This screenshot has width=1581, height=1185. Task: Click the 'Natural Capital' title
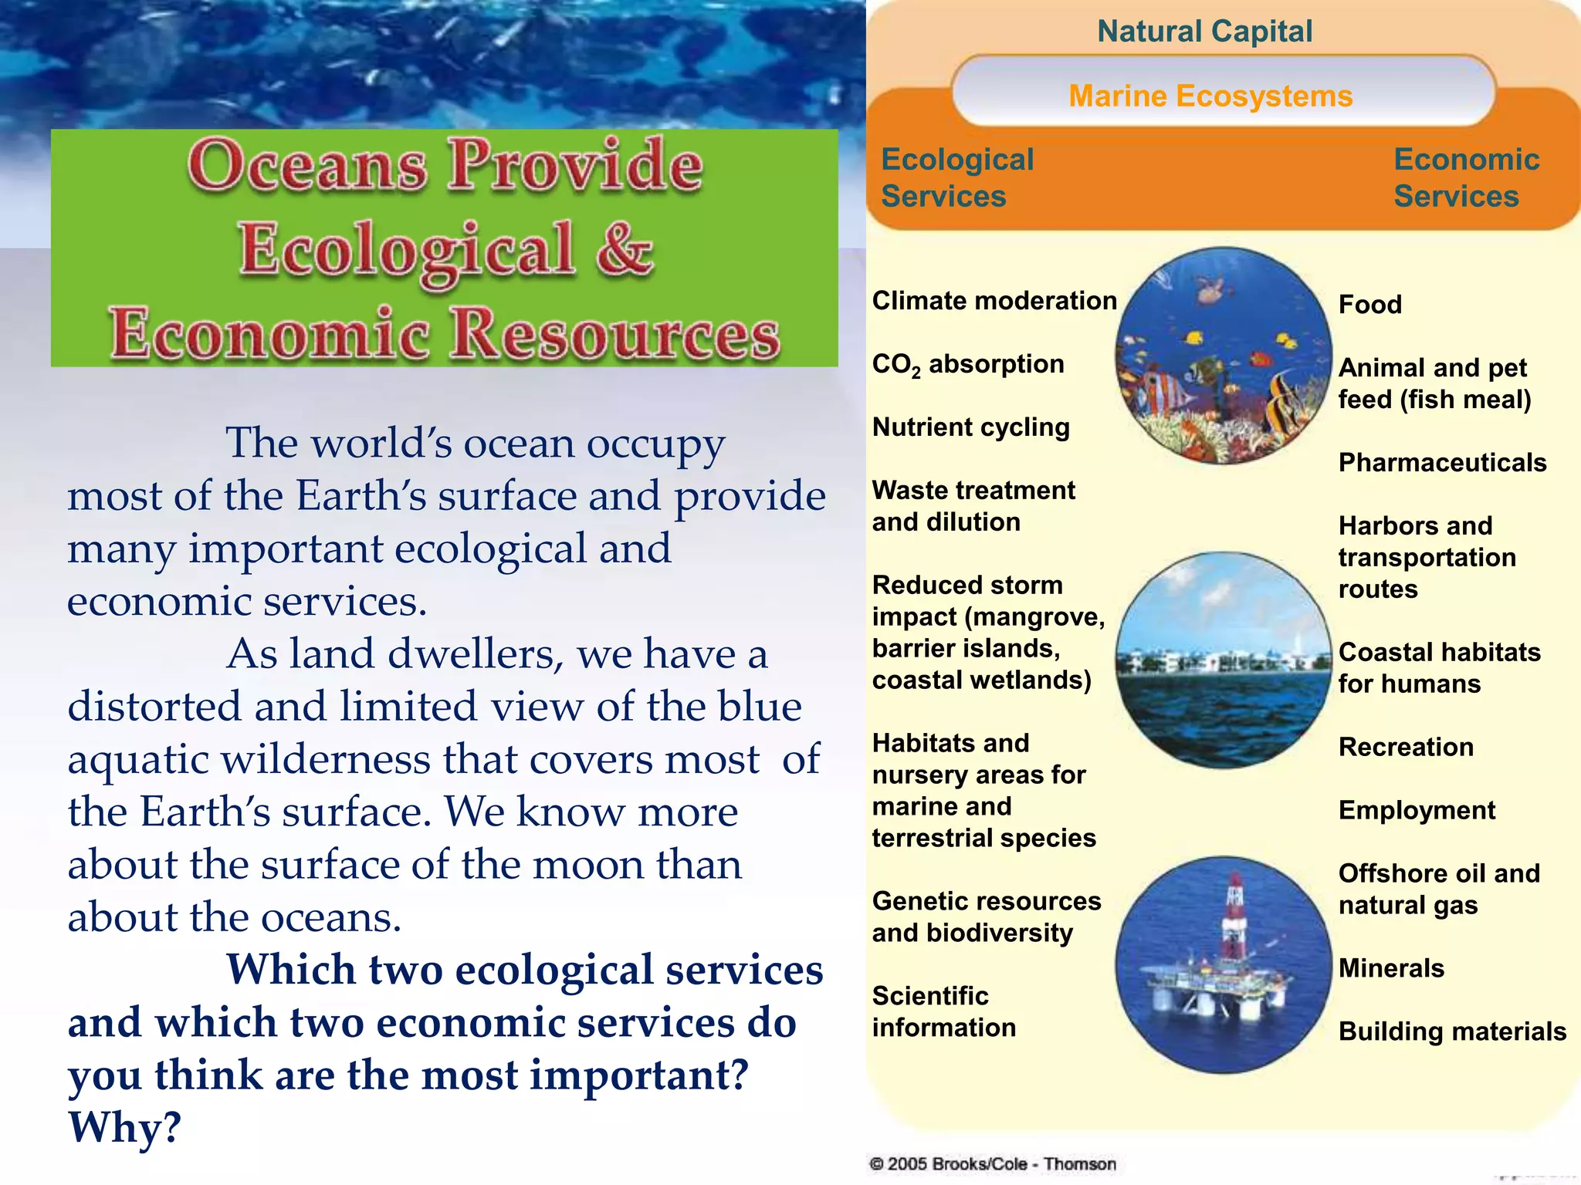pyautogui.click(x=1204, y=32)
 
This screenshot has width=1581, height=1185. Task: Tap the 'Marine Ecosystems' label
pyautogui.click(x=1210, y=96)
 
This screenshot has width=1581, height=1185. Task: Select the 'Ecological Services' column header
pyautogui.click(x=957, y=177)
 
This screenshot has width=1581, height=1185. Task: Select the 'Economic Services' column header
pyautogui.click(x=1466, y=177)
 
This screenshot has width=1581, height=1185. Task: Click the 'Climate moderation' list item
pyautogui.click(x=994, y=301)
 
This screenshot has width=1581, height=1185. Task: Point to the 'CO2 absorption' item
pyautogui.click(x=968, y=364)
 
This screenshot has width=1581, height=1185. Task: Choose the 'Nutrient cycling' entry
pyautogui.click(x=971, y=427)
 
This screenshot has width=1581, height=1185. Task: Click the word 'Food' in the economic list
pyautogui.click(x=1369, y=305)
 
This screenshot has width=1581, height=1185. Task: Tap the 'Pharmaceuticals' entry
pyautogui.click(x=1442, y=463)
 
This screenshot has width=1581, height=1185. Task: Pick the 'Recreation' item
pyautogui.click(x=1406, y=748)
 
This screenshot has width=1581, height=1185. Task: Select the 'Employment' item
pyautogui.click(x=1417, y=811)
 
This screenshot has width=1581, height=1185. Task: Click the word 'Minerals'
pyautogui.click(x=1391, y=968)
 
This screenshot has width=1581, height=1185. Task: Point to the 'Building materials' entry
pyautogui.click(x=1452, y=1031)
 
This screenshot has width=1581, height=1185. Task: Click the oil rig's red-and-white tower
pyautogui.click(x=1233, y=918)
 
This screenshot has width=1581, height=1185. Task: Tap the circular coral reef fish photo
pyautogui.click(x=1224, y=356)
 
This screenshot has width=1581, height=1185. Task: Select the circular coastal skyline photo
pyautogui.click(x=1224, y=660)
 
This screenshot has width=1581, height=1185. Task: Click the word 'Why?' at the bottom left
pyautogui.click(x=124, y=1127)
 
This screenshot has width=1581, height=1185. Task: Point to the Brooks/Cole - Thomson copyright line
pyautogui.click(x=993, y=1164)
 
